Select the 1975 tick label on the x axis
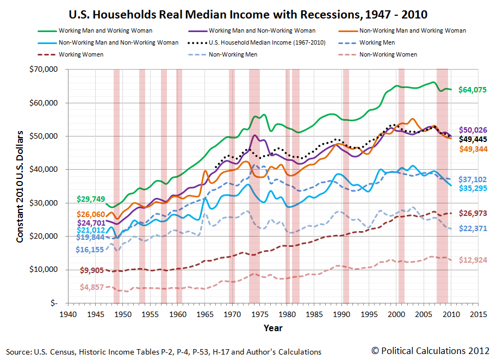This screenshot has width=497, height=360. (x=259, y=315)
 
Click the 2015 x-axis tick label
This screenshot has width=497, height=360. (x=478, y=315)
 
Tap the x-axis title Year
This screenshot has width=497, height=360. (x=273, y=328)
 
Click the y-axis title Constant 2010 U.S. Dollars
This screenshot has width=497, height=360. (x=20, y=187)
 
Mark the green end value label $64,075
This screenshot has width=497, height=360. (x=472, y=90)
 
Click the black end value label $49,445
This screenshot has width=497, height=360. (x=472, y=139)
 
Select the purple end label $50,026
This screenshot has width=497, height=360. (x=472, y=131)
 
